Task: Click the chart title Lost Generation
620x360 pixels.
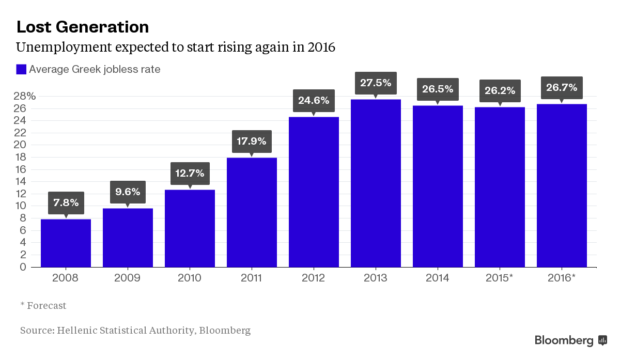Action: [83, 27]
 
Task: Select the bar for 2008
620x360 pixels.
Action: [66, 243]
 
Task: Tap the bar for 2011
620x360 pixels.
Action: [252, 212]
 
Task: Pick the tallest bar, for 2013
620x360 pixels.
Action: [376, 183]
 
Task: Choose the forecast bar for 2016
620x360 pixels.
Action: [562, 185]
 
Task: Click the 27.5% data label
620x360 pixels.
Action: [376, 83]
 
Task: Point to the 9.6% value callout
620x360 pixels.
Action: [128, 192]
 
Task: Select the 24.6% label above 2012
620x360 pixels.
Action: [314, 100]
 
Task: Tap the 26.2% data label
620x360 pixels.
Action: [500, 91]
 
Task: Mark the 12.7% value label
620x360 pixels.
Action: [190, 174]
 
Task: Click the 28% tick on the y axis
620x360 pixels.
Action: [25, 96]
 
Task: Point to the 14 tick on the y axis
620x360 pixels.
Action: [21, 181]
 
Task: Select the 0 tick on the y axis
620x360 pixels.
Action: [23, 267]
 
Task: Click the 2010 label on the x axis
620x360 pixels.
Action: [189, 278]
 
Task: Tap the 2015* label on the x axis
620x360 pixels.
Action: [499, 278]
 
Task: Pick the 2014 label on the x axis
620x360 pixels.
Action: [437, 278]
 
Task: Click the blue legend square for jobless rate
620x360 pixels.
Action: [21, 69]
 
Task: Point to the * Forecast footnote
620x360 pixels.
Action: [43, 305]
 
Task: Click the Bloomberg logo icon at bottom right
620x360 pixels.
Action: [602, 340]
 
